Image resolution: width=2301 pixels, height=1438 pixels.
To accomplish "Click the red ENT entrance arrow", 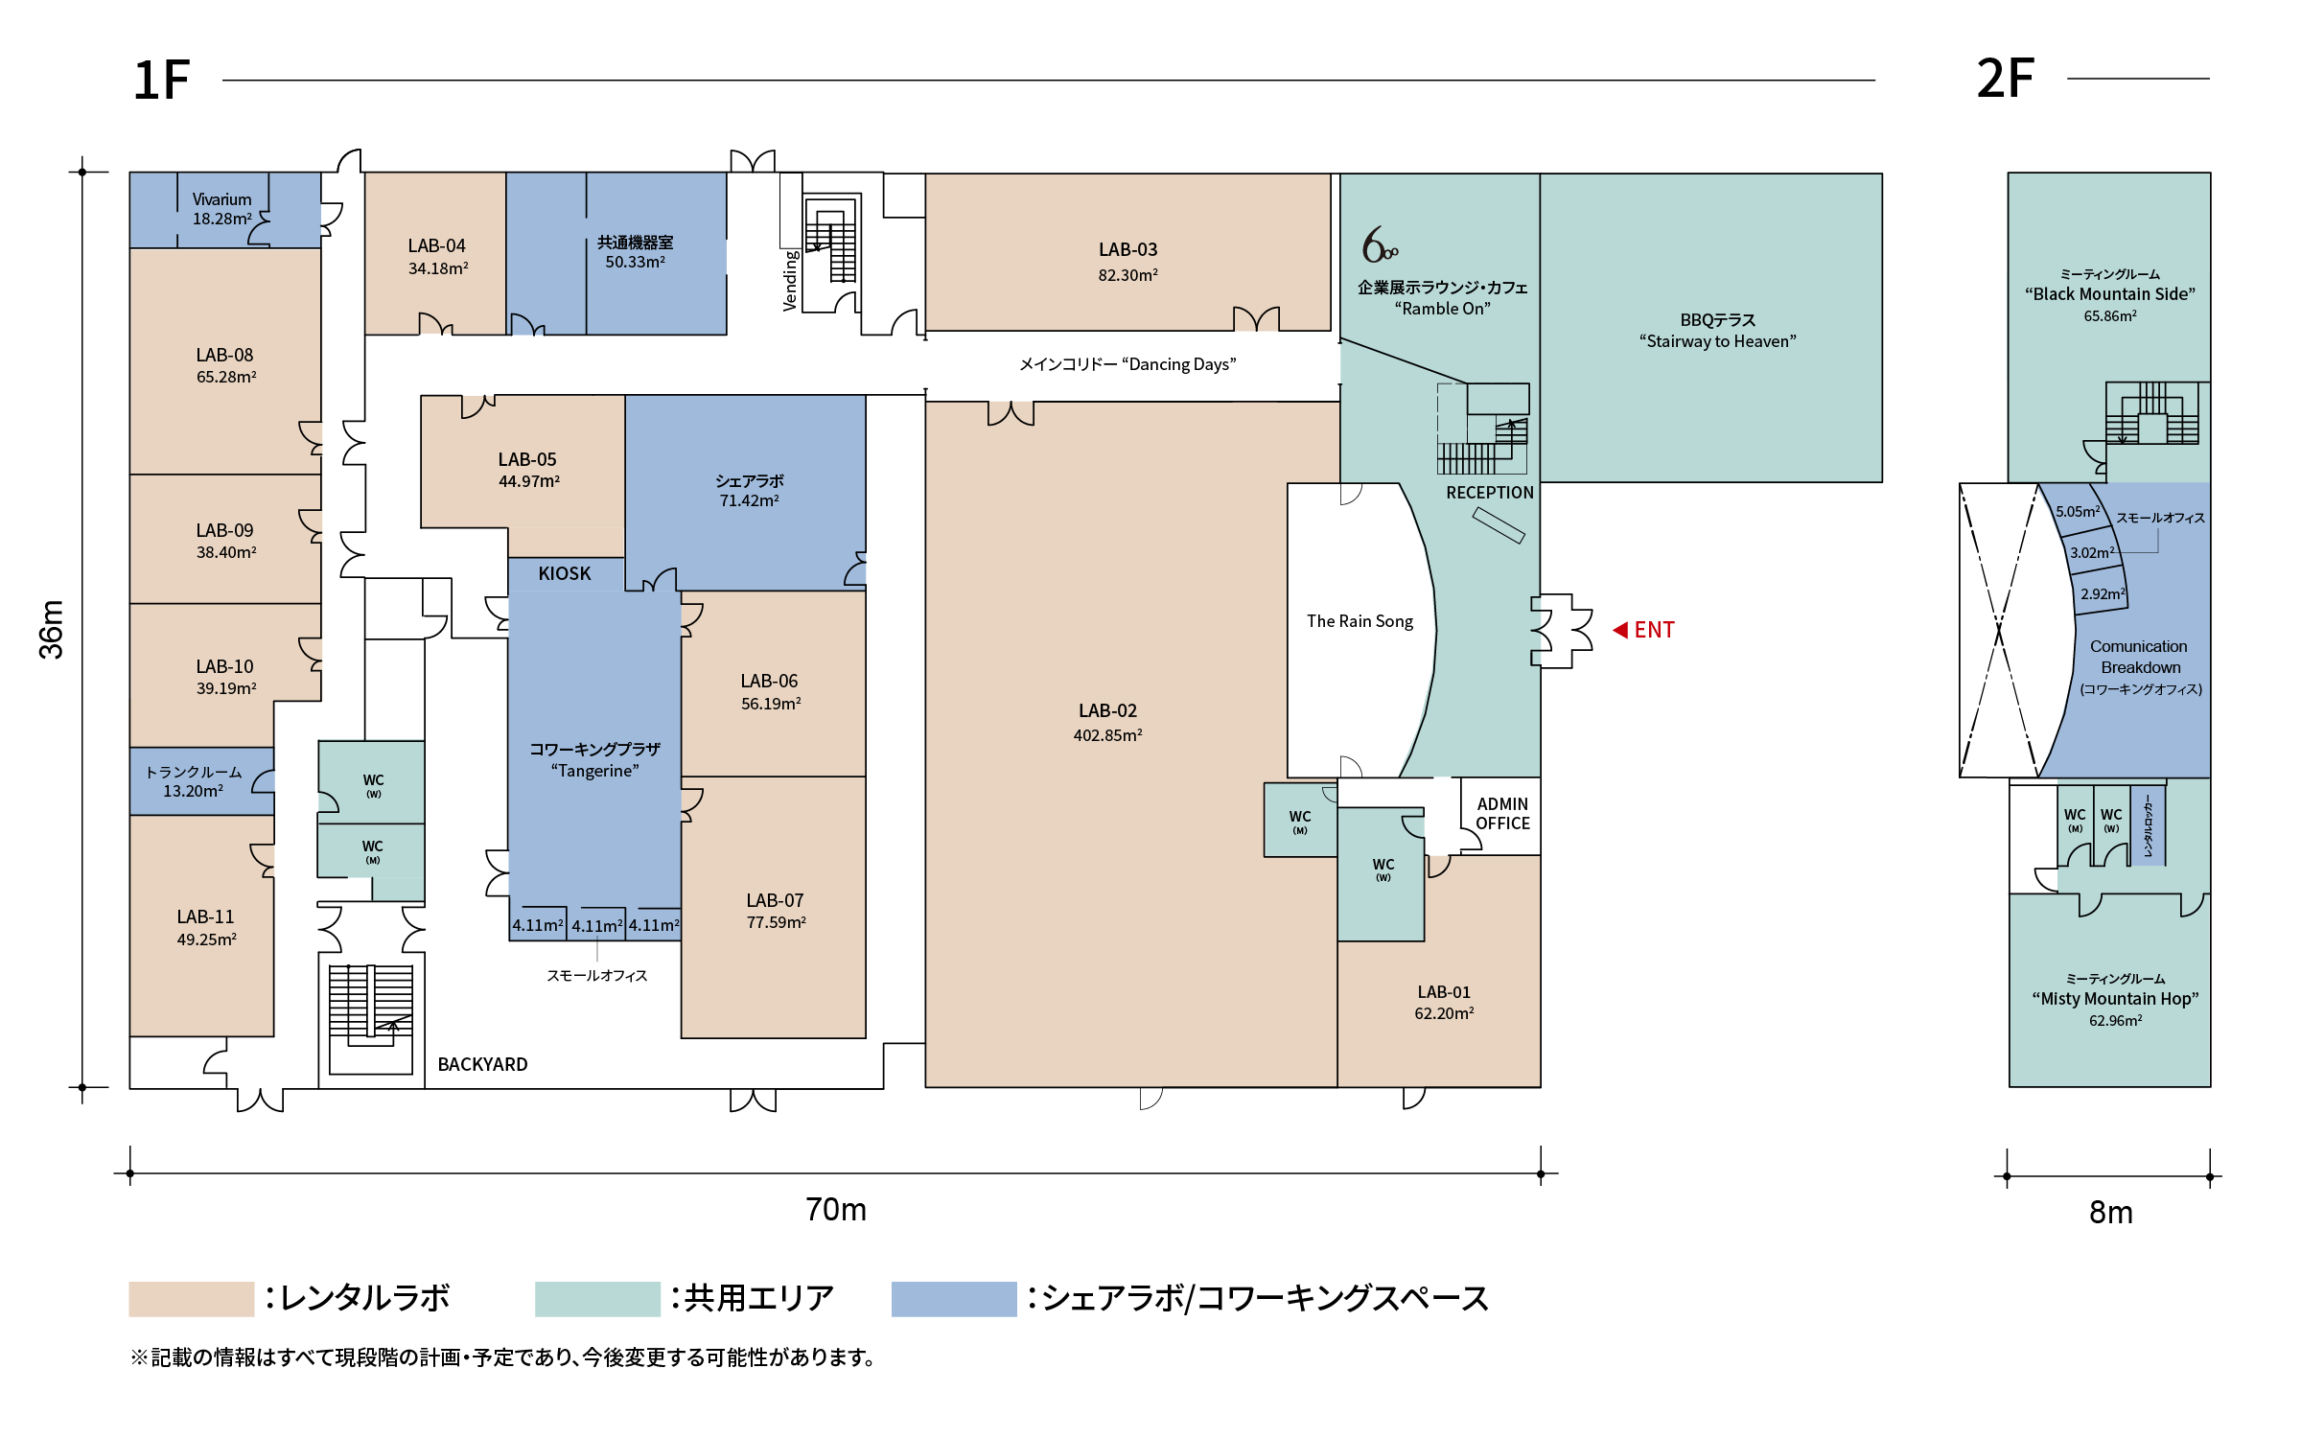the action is click(1620, 630).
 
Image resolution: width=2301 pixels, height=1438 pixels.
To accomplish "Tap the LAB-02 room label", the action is click(1107, 710).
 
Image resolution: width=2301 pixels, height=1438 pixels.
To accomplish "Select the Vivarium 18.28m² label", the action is click(221, 209).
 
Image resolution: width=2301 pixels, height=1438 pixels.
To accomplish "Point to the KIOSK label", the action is click(565, 573).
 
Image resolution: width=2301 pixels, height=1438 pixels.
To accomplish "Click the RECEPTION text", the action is click(1490, 493).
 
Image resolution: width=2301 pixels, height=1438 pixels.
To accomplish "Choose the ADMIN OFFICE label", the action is click(1502, 814).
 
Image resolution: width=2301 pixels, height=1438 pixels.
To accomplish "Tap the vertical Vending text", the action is click(791, 280).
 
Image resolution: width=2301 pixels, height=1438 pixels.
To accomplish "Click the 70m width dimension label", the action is click(836, 1210).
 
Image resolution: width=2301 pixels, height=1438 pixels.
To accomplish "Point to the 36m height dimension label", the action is click(51, 630).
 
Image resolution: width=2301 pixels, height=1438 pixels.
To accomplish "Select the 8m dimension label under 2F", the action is click(2111, 1213).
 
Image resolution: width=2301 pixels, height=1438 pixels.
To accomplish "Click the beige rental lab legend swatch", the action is click(192, 1299).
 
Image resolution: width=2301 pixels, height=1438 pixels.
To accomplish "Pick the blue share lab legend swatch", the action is click(954, 1299).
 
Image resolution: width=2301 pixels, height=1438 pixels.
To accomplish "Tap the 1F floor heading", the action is click(161, 80).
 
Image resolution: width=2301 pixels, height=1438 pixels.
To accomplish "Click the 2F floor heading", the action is click(2005, 79).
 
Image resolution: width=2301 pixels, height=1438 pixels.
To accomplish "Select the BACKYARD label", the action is click(482, 1064).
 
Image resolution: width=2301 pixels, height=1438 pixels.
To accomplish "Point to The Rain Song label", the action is click(1360, 621).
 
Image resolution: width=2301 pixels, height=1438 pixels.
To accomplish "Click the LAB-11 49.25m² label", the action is click(206, 927).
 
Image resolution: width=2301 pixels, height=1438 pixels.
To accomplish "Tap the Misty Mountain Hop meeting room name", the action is click(2115, 999).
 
